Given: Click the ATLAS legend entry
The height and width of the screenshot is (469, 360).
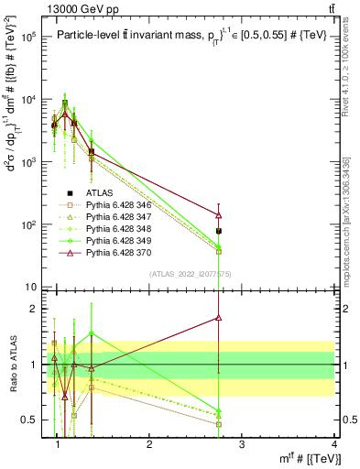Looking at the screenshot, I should (x=100, y=192).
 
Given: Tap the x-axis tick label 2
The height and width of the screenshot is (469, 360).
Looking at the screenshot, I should (x=149, y=443).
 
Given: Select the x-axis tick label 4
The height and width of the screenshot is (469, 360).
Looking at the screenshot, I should (x=334, y=443).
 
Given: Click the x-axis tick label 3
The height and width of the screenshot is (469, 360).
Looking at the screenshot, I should (x=242, y=443).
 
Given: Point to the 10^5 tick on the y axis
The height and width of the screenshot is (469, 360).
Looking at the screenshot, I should (x=31, y=38).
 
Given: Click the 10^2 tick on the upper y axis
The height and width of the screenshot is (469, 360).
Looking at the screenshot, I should (x=31, y=224).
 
